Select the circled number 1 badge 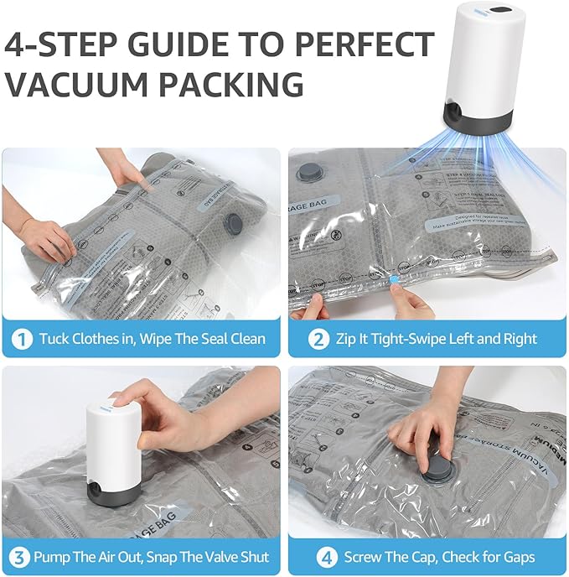(x=23, y=339)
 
